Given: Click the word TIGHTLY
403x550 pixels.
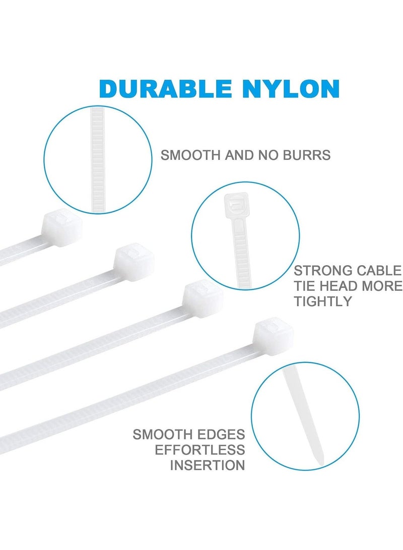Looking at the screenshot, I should [322, 302].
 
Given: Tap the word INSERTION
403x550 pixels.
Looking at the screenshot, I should [208, 465].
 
